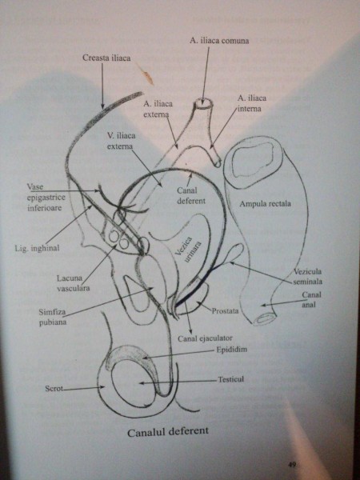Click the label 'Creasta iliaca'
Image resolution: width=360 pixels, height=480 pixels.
[x=106, y=58]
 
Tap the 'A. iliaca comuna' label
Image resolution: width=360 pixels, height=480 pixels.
[x=219, y=41]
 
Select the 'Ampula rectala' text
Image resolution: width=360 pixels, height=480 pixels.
[x=265, y=203]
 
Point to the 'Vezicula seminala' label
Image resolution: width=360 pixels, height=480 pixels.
[x=308, y=277]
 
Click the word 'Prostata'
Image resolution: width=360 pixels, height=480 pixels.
[x=225, y=311]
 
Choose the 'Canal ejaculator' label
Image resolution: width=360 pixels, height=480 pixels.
[x=205, y=338]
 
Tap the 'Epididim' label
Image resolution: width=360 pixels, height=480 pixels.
[x=231, y=350]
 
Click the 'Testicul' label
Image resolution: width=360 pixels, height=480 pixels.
[x=231, y=379]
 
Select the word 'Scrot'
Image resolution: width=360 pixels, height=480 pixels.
[x=54, y=389]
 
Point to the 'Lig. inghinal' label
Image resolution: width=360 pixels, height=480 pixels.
[x=37, y=248]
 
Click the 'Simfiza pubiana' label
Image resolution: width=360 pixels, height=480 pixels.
[x=52, y=318]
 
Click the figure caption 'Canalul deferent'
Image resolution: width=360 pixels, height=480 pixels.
[x=168, y=432]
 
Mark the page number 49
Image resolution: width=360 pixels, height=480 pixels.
[x=292, y=466]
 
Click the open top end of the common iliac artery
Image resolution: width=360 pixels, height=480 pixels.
[x=204, y=104]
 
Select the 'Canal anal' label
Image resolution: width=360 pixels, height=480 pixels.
[x=312, y=300]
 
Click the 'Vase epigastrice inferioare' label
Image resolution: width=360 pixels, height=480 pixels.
[x=46, y=198]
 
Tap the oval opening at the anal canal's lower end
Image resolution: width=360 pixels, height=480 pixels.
[x=265, y=318]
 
